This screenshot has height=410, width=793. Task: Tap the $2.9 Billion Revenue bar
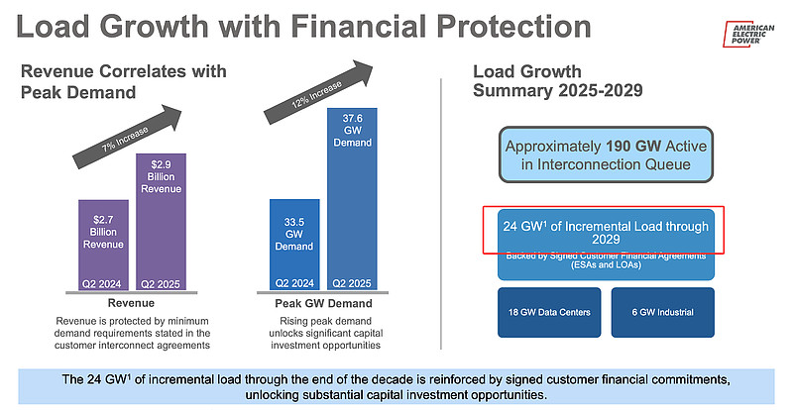click(x=161, y=218)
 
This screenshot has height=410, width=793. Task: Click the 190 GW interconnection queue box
click(x=607, y=154)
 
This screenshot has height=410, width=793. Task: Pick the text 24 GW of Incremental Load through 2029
click(x=607, y=232)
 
